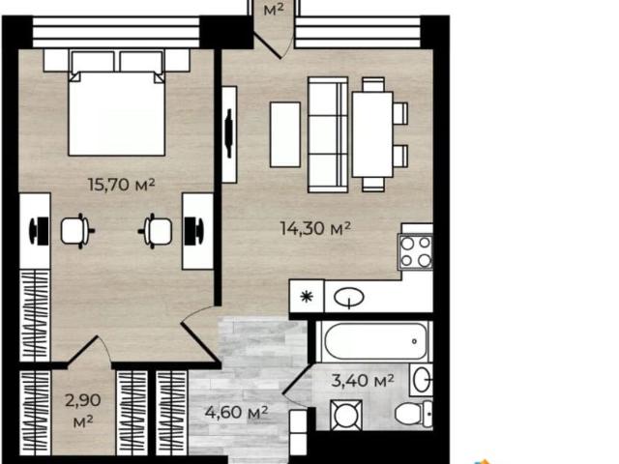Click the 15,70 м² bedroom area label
point(121,185)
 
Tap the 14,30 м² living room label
point(315,228)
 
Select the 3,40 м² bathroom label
point(363,380)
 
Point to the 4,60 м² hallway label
point(236,413)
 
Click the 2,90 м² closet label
point(83,411)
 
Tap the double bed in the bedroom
point(117,102)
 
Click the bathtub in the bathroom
point(374,341)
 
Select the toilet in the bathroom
point(414,414)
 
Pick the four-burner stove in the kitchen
point(416,251)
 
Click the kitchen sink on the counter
point(349,298)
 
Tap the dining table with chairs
point(380,134)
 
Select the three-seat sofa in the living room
point(328,134)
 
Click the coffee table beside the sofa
point(285,134)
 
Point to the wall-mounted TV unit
point(229,134)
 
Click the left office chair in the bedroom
point(77,231)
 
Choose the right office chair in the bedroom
point(155,231)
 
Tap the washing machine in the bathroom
point(346,415)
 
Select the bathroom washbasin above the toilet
point(422,380)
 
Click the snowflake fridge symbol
point(307,297)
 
